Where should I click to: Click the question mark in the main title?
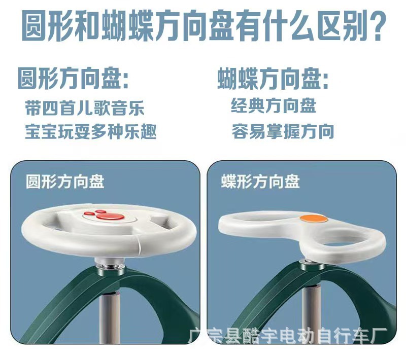pyautogui.click(x=377, y=25)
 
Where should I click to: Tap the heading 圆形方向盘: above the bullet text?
pyautogui.click(x=74, y=79)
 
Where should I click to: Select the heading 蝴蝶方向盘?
pyautogui.click(x=273, y=79)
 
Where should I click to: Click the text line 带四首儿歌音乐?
pyautogui.click(x=85, y=108)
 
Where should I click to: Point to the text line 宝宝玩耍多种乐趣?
pyautogui.click(x=91, y=131)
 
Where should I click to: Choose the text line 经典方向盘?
pyautogui.click(x=274, y=105)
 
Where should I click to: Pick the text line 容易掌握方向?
pyautogui.click(x=283, y=131)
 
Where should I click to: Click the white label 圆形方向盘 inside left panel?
pyautogui.click(x=65, y=182)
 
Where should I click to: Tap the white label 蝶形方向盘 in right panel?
pyautogui.click(x=260, y=182)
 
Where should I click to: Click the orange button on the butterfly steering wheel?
pyautogui.click(x=314, y=219)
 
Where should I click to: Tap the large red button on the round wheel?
pyautogui.click(x=111, y=216)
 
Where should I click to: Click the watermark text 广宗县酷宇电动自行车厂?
pyautogui.click(x=288, y=336)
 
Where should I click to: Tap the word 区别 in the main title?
pyautogui.click(x=341, y=25)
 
